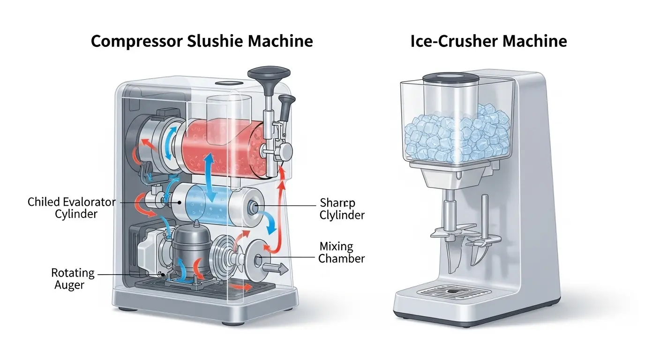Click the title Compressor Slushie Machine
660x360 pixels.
coord(202,41)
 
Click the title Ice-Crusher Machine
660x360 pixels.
coord(488,41)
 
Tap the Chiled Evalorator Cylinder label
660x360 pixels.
coord(72,208)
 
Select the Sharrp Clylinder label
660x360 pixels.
coord(342,209)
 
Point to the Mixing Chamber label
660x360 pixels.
coord(342,253)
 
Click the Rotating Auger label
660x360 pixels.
coord(73,279)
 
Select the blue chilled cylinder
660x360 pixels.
coord(217,205)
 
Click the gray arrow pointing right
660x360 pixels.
coord(275,269)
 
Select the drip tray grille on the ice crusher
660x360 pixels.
coord(454,291)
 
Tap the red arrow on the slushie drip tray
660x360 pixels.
coord(241,287)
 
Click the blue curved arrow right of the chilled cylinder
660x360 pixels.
coord(270,223)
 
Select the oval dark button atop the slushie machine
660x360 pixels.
coord(229,83)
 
